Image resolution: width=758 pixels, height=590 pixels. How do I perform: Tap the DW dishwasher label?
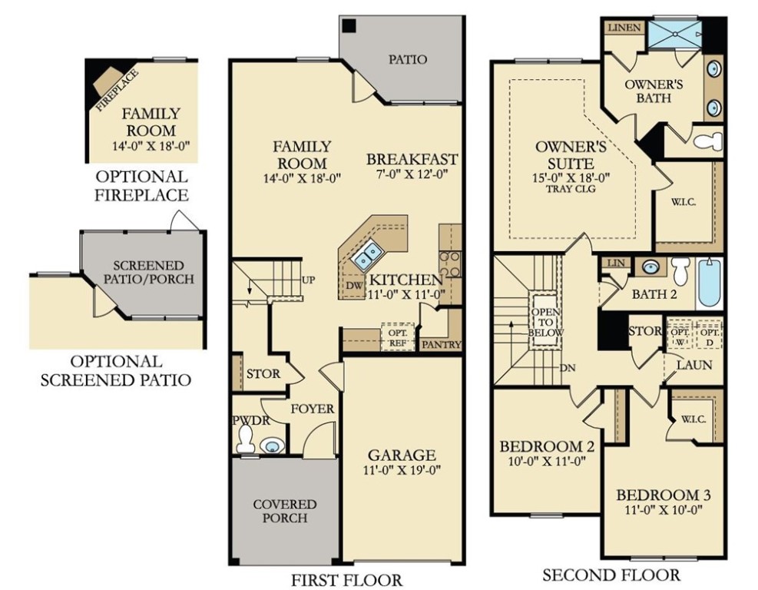click(354, 285)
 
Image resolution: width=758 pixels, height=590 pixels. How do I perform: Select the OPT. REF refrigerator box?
click(398, 336)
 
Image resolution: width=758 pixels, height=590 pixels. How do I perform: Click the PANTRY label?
click(442, 344)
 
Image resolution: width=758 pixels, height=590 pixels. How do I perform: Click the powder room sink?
click(271, 446)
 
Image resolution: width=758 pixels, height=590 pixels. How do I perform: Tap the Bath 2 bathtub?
click(709, 283)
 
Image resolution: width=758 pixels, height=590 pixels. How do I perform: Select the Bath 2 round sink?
click(650, 267)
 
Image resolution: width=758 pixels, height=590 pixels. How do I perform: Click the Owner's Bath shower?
click(674, 35)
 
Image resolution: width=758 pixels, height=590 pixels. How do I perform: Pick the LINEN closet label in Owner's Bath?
click(624, 28)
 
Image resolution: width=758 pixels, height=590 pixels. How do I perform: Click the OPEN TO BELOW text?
click(546, 322)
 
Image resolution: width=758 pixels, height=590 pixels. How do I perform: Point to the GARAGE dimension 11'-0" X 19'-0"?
click(402, 470)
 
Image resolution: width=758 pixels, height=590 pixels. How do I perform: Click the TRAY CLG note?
click(571, 189)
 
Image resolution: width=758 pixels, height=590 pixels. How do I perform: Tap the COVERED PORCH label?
click(285, 511)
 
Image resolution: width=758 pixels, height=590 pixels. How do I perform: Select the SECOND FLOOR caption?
click(611, 575)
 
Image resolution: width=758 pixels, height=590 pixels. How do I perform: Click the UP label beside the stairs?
click(308, 280)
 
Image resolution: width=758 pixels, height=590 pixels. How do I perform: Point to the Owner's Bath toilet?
click(707, 141)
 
